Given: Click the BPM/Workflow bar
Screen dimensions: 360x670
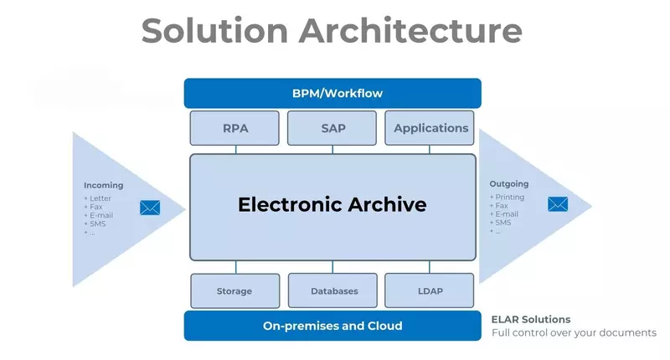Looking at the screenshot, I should (x=332, y=93).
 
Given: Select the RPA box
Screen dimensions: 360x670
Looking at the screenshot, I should (x=235, y=128).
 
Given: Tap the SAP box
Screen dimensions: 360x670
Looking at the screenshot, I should (x=332, y=128).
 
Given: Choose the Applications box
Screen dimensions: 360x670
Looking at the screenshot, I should (x=430, y=128).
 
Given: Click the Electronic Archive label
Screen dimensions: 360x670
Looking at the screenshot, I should (x=332, y=204).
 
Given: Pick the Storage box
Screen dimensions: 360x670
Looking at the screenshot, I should (x=234, y=291).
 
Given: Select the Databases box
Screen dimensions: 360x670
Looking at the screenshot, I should (x=332, y=291).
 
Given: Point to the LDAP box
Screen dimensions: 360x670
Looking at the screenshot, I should (x=430, y=291).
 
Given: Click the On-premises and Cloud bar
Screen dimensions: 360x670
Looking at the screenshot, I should (x=332, y=326).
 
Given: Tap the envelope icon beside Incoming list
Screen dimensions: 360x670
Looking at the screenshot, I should (x=150, y=207).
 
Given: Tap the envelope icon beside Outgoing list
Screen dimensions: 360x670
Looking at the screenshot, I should (x=558, y=203).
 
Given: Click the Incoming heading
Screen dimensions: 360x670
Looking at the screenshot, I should (x=103, y=185).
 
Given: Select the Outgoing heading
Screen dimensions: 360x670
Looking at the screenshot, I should (x=508, y=184).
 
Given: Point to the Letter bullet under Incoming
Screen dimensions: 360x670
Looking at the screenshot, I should (x=100, y=198).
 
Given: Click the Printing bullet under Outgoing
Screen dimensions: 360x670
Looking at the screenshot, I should (x=509, y=197).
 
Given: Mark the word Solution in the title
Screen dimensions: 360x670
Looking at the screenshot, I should (x=214, y=31).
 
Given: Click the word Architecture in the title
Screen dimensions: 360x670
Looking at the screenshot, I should (x=410, y=31).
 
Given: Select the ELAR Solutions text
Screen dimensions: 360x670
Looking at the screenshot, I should (x=531, y=319).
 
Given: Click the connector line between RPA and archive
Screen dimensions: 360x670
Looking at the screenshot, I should (x=235, y=149).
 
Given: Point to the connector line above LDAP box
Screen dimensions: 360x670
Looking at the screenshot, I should (x=430, y=266).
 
